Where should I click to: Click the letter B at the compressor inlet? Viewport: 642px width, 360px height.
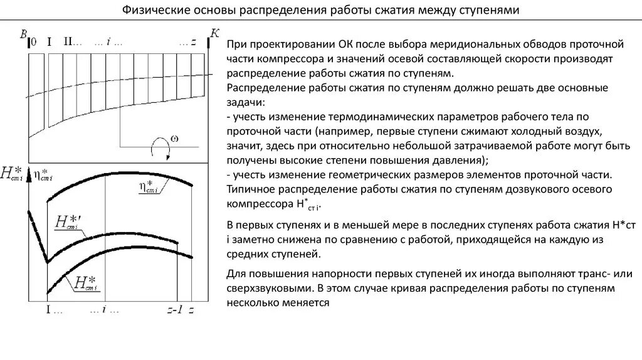(23, 36)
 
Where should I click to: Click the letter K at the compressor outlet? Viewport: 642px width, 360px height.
(214, 34)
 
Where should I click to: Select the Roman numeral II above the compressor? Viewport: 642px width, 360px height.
(71, 42)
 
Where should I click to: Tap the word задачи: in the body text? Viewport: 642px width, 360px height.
(246, 102)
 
